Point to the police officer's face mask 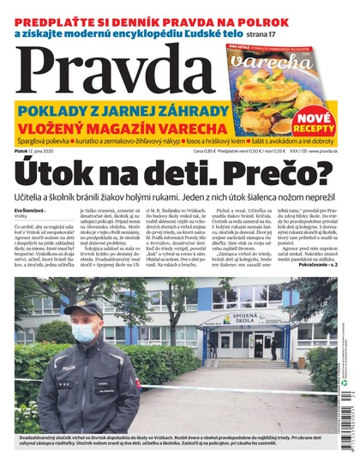(x=86, y=334)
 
